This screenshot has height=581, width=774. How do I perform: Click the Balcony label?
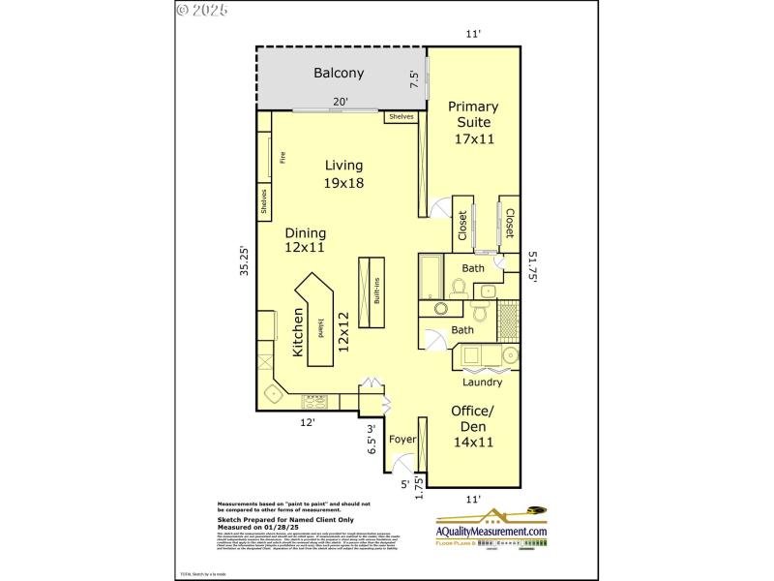pos(339,73)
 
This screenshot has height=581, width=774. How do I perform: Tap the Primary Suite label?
pos(474,114)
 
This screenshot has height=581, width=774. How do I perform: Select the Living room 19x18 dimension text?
pos(343,183)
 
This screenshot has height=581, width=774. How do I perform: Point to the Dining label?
pos(305,232)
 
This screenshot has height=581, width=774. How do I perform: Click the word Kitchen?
pos(298,336)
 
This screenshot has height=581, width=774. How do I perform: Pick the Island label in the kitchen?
pos(321,329)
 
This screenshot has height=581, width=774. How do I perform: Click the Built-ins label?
pos(376,292)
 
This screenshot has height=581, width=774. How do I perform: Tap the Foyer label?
pos(402,440)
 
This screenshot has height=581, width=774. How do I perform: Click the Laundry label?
pos(481,382)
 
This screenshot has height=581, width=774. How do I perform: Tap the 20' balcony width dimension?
pos(341,101)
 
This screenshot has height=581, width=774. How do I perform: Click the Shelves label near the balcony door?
pos(401,116)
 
